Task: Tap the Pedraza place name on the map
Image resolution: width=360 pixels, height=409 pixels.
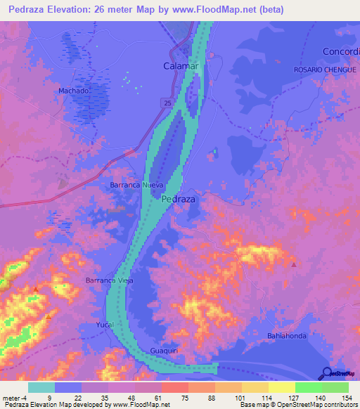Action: tap(179, 199)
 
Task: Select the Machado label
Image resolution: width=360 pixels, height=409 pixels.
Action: tap(73, 91)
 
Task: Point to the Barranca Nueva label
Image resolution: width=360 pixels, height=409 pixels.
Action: tap(136, 185)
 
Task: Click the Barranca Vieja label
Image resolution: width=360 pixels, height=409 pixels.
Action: tap(109, 280)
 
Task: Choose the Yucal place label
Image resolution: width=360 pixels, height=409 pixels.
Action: tap(104, 325)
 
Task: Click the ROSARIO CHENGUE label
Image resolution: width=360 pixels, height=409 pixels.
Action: tap(326, 70)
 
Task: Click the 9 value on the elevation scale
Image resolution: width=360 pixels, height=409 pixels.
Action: tap(49, 397)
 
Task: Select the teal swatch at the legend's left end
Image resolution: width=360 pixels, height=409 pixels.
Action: tap(41, 387)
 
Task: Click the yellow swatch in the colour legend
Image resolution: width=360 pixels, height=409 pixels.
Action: tap(281, 387)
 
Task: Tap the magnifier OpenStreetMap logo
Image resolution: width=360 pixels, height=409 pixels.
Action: tap(327, 374)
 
